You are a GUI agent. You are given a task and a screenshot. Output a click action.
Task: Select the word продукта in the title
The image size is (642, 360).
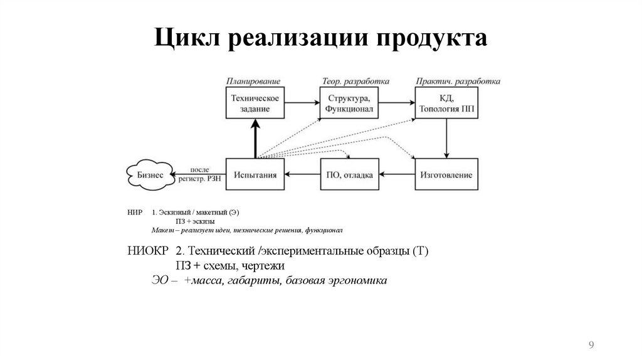[431, 38]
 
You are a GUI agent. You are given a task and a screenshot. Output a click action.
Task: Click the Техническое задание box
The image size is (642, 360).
[255, 103]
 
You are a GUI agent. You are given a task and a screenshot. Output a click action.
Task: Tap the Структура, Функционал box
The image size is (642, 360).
[349, 103]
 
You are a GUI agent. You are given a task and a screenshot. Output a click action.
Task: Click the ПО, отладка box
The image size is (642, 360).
[349, 175]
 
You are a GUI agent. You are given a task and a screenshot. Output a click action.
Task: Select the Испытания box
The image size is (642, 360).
[255, 175]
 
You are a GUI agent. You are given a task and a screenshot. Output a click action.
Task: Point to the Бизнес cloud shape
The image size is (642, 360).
[150, 175]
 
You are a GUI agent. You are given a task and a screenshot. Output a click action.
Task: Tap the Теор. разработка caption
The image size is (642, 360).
[355, 82]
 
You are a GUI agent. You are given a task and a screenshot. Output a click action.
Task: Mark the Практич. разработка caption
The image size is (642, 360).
[458, 82]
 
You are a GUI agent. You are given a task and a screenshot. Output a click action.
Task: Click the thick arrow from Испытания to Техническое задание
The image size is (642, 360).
[255, 139]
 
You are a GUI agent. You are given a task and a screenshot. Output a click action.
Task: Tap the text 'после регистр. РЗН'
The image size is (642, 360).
[199, 175]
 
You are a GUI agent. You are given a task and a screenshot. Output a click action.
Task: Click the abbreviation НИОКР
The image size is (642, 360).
[147, 251]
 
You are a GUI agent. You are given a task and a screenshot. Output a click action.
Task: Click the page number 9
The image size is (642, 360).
[591, 344]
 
